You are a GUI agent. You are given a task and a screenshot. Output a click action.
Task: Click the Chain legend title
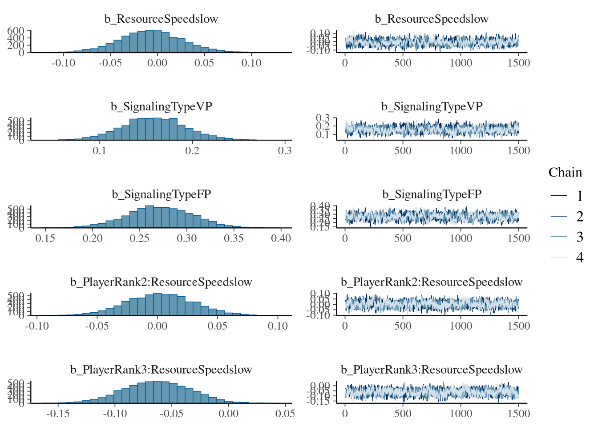click(565, 173)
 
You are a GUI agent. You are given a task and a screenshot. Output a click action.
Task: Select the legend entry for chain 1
click(579, 196)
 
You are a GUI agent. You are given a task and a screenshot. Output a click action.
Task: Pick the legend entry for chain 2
click(579, 216)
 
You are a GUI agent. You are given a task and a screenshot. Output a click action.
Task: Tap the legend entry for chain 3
click(579, 237)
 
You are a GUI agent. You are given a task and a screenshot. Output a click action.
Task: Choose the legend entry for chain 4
click(579, 257)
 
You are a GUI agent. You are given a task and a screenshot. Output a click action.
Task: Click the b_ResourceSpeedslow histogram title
click(161, 19)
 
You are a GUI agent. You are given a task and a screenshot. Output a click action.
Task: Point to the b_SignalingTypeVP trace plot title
click(432, 107)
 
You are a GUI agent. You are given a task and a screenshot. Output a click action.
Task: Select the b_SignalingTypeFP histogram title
click(161, 194)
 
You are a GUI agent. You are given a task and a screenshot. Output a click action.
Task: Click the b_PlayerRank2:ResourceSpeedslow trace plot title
click(432, 282)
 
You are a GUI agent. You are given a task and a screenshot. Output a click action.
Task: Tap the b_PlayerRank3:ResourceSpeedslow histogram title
click(161, 370)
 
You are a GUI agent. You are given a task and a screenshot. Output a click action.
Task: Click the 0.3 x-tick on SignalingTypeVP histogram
click(285, 151)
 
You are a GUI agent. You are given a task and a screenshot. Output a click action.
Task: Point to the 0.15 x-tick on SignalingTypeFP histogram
click(45, 238)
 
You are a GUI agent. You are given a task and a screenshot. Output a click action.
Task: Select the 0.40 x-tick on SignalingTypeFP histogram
click(281, 238)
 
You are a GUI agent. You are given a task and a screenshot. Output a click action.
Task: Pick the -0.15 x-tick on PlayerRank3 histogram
click(58, 414)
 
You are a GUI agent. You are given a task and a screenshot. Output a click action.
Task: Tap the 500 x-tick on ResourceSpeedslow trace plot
click(403, 63)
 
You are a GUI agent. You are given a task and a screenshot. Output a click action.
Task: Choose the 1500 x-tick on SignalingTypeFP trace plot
click(519, 238)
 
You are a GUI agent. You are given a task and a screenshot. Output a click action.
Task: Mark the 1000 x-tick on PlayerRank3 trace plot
click(461, 414)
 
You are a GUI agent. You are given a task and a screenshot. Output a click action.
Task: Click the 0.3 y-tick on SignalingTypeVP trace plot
click(323, 118)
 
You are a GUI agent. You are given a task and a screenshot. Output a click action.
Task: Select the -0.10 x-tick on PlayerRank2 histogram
click(37, 326)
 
